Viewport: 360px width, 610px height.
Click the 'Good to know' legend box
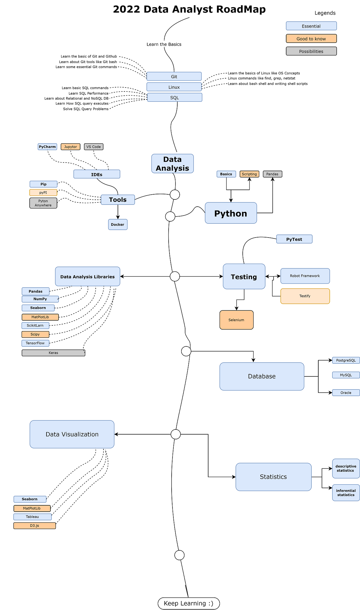pos(311,39)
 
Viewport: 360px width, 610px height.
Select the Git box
pos(174,76)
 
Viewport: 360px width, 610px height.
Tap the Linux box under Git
pos(174,87)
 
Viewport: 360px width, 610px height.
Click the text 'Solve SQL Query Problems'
pos(86,109)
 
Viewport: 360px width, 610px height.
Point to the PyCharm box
pos(47,147)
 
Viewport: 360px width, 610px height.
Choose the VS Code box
pos(94,147)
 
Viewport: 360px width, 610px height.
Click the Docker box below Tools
pos(118,225)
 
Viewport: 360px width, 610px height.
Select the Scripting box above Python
pos(249,174)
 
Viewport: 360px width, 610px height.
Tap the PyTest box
pos(294,239)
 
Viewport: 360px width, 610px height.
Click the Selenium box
pos(236,320)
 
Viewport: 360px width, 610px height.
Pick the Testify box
pos(305,296)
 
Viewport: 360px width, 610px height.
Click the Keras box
pos(53,353)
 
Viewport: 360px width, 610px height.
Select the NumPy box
pos(40,299)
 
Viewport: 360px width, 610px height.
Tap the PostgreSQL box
pos(346,360)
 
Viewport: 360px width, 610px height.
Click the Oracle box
pos(346,393)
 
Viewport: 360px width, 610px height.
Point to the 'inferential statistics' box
pos(346,493)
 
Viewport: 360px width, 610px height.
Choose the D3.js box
pos(34,526)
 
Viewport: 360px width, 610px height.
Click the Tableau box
pos(32,517)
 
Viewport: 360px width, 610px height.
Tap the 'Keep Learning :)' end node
pos(189,603)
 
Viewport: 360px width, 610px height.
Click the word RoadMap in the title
pos(241,9)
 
